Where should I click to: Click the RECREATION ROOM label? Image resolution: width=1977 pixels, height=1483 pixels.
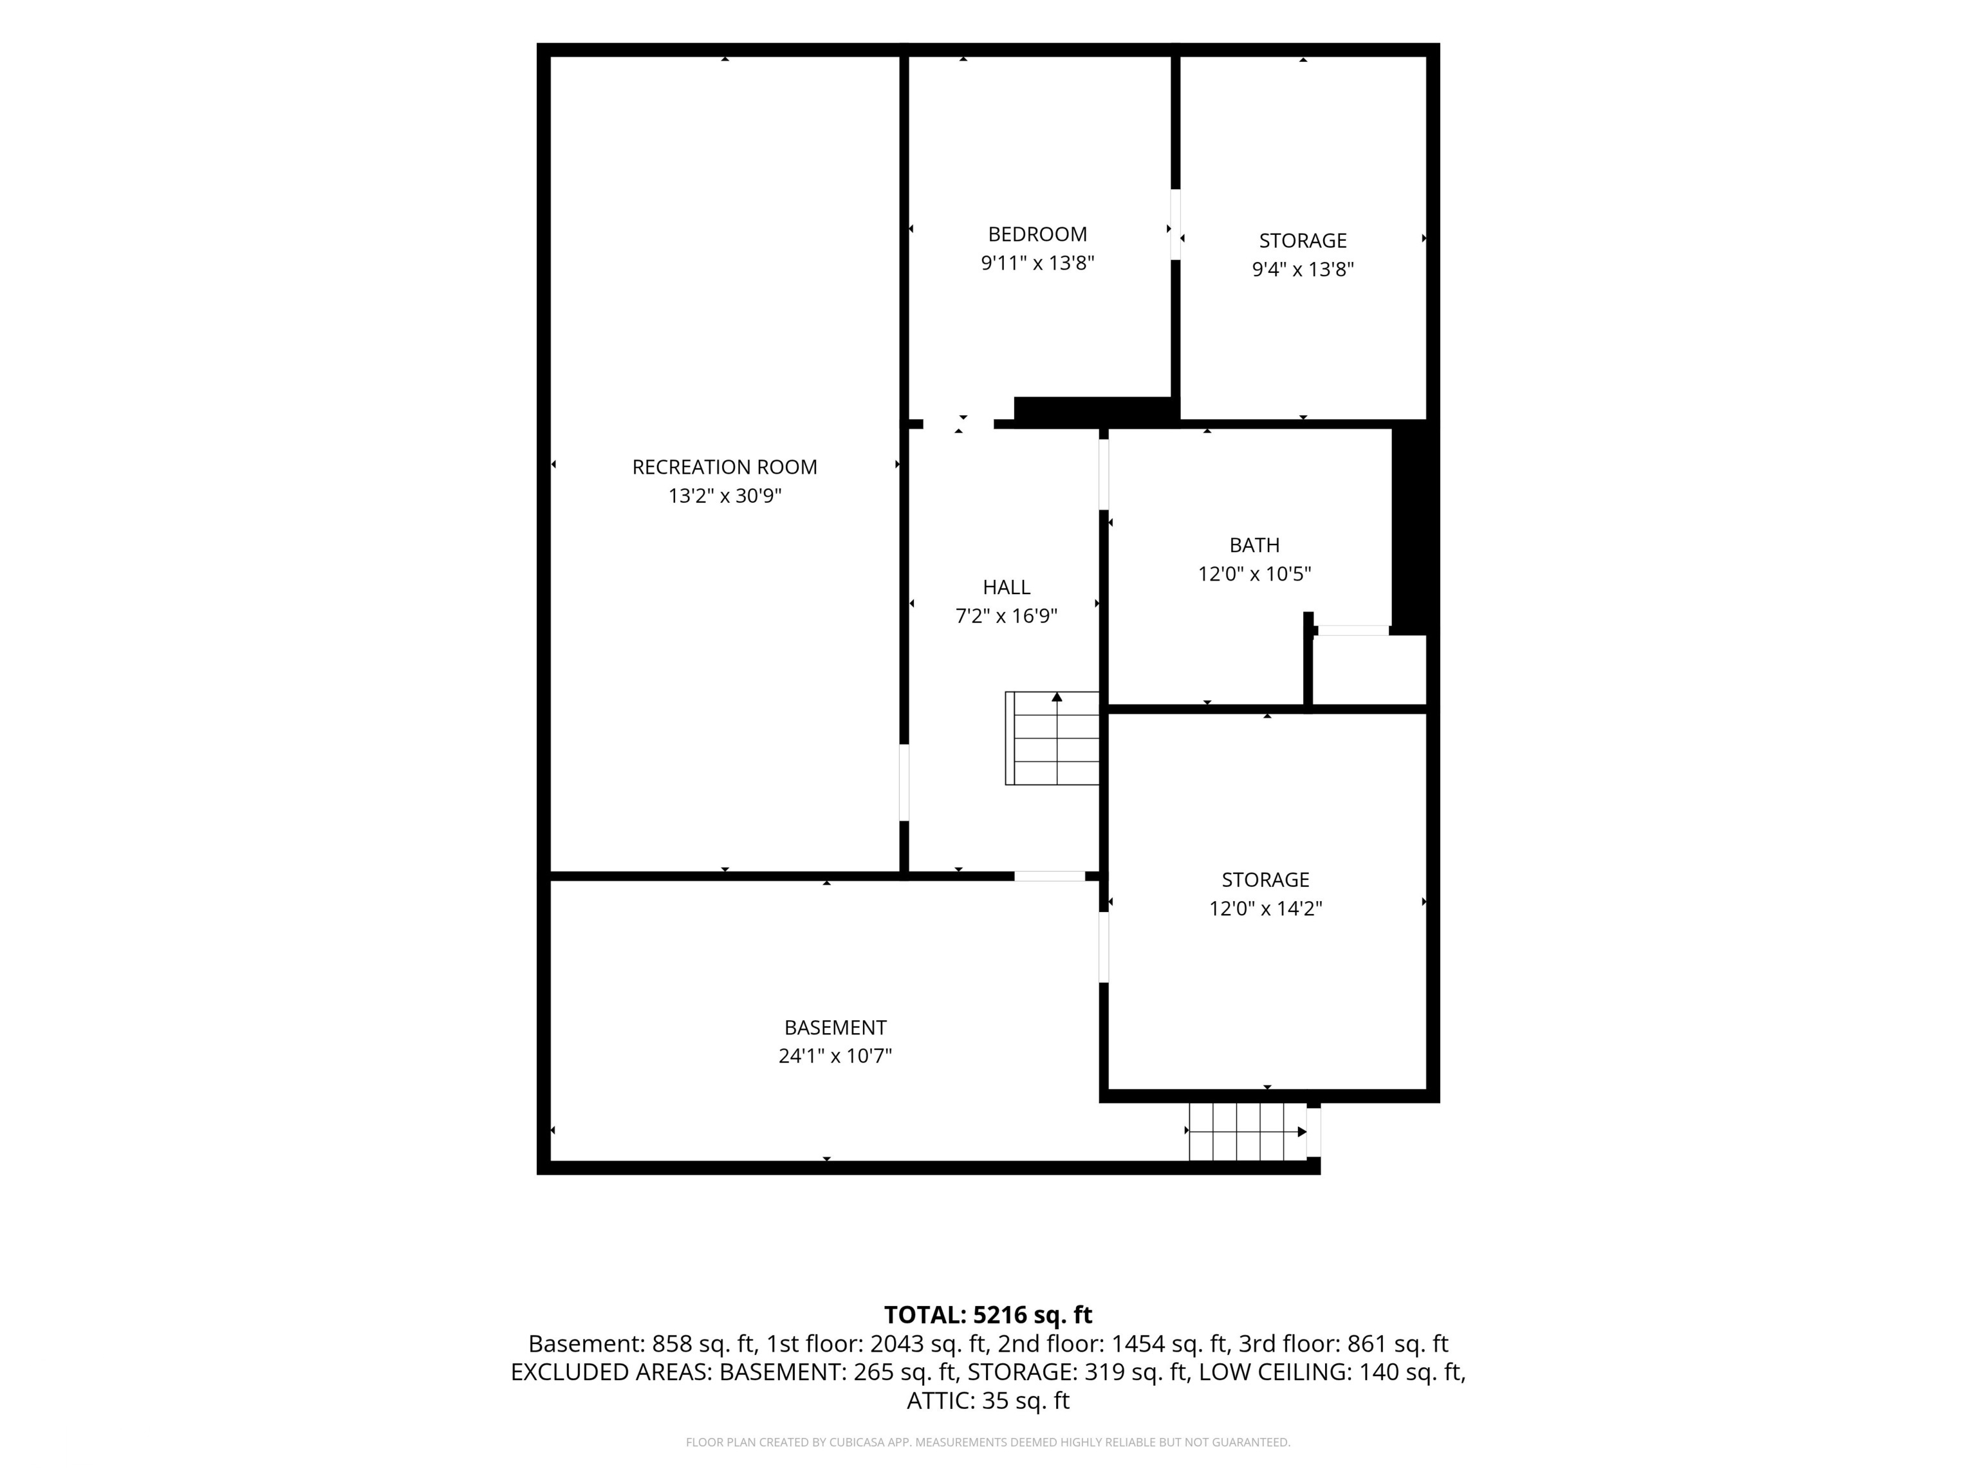(x=724, y=467)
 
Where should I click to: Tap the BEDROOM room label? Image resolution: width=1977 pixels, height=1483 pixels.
(x=1037, y=234)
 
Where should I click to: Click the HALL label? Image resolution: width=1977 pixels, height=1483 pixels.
(x=1007, y=587)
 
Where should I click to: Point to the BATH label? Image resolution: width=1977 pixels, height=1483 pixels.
(x=1254, y=545)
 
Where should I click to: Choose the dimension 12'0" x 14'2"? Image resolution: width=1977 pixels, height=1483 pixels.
(x=1266, y=909)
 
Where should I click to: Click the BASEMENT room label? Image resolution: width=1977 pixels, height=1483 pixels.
(x=835, y=1028)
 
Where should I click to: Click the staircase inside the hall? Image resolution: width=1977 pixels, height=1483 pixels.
(x=1052, y=738)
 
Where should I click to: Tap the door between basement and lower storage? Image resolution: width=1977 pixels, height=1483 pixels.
(x=1104, y=947)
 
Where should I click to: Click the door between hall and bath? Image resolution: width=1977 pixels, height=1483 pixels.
(x=1104, y=474)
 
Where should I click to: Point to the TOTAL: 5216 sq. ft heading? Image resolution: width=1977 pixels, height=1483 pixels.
(x=988, y=1315)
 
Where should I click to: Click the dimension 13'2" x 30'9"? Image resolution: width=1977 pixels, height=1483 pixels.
(x=724, y=495)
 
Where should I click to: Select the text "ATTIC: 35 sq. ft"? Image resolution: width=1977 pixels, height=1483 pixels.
(x=988, y=1401)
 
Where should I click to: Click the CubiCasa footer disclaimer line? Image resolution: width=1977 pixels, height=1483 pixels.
(x=988, y=1442)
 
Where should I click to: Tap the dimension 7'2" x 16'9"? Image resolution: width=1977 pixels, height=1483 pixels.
(x=1007, y=616)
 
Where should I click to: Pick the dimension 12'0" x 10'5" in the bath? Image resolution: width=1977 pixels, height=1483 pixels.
(x=1254, y=574)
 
